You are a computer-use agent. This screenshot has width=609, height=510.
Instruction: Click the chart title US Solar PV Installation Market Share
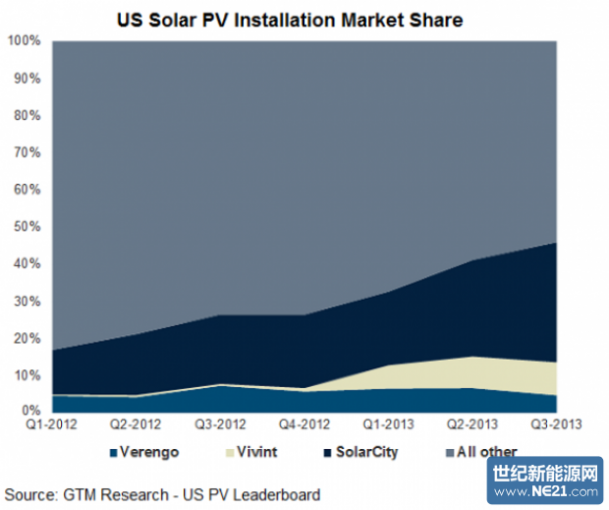pos(304,19)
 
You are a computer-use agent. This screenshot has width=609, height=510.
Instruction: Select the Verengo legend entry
pos(147,453)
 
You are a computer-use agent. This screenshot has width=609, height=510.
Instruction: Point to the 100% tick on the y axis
pos(24,40)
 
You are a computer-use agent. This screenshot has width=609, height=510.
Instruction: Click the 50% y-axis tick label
pos(28,227)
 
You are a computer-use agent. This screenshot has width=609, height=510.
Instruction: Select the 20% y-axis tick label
pos(28,338)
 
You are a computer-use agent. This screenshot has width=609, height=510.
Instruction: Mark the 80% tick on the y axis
pos(28,115)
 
